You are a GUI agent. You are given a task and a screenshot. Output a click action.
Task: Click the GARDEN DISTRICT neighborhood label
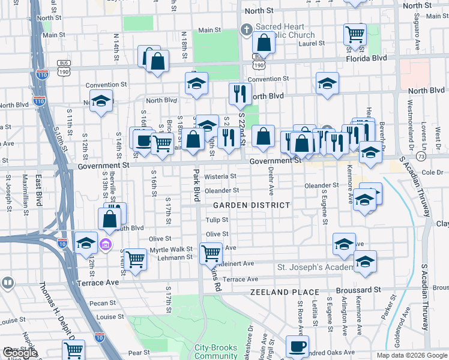tap(243, 205)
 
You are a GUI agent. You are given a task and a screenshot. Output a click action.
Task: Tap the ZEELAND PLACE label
tap(285, 292)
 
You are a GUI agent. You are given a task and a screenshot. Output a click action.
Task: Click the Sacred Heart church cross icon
tap(246, 29)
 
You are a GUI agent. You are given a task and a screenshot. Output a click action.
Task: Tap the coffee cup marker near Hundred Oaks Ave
tap(297, 346)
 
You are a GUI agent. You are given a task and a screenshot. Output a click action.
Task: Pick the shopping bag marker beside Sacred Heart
tap(264, 43)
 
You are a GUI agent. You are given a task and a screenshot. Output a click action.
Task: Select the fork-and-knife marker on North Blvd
tap(239, 93)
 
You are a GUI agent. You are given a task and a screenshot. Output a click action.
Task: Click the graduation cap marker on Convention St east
tap(327, 83)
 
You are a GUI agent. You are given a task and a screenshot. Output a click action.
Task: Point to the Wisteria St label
tap(220, 176)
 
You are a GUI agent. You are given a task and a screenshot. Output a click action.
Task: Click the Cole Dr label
tap(435, 172)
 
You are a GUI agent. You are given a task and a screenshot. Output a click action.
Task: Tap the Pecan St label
tap(103, 304)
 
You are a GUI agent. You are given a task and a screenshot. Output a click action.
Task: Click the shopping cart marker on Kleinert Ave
tap(211, 254)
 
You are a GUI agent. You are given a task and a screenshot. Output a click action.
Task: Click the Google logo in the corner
tap(20, 353)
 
